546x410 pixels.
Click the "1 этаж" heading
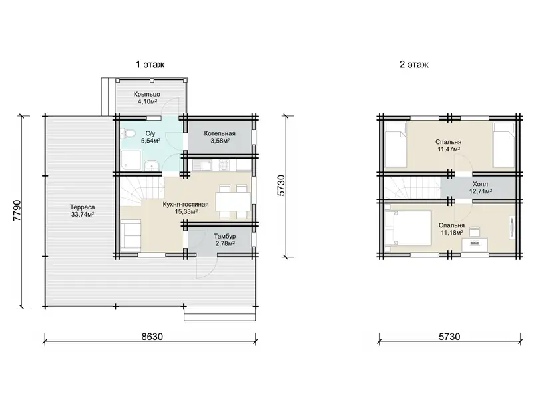click(150, 65)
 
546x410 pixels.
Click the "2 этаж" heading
click(414, 65)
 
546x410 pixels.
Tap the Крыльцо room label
click(147, 94)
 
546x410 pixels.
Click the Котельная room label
click(220, 133)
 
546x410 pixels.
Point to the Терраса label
click(82, 207)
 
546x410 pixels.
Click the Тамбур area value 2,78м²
click(225, 244)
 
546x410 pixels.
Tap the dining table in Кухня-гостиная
click(233, 201)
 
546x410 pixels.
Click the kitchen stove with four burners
click(224, 164)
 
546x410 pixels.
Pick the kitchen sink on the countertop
click(202, 164)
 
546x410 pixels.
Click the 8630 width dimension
click(152, 337)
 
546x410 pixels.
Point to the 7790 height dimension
click(17, 211)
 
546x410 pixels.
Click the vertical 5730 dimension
click(281, 185)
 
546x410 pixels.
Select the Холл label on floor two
click(480, 184)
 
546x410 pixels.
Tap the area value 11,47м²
click(449, 149)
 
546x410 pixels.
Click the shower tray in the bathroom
click(131, 160)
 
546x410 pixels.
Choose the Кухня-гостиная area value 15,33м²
click(186, 211)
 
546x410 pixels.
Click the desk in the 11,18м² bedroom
click(475, 245)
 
